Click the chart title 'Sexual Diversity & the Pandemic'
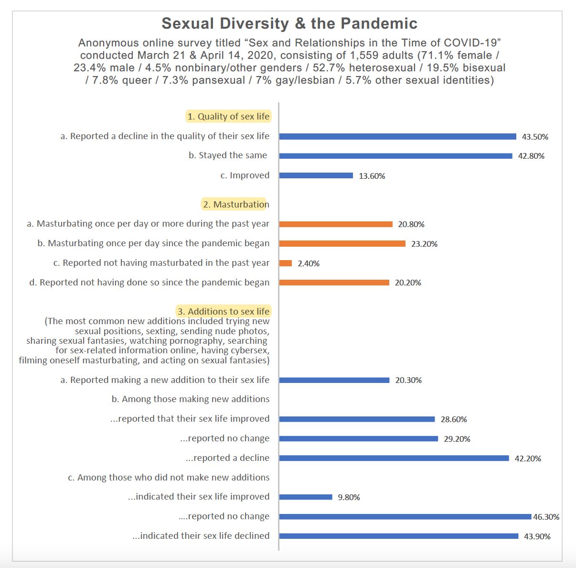289,23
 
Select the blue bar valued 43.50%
397,136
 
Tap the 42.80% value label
531,156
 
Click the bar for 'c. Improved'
316,175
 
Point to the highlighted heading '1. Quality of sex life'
228,116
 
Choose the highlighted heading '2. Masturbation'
236,204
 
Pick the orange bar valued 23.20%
342,244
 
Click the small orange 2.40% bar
286,263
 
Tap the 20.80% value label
411,224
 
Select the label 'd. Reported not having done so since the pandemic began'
149,282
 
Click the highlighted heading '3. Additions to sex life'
224,311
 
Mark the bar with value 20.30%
334,380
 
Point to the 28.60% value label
454,419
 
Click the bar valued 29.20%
358,439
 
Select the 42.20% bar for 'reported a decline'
394,458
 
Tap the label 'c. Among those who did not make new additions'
169,477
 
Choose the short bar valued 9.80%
306,497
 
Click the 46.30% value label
546,517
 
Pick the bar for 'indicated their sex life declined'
399,536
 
